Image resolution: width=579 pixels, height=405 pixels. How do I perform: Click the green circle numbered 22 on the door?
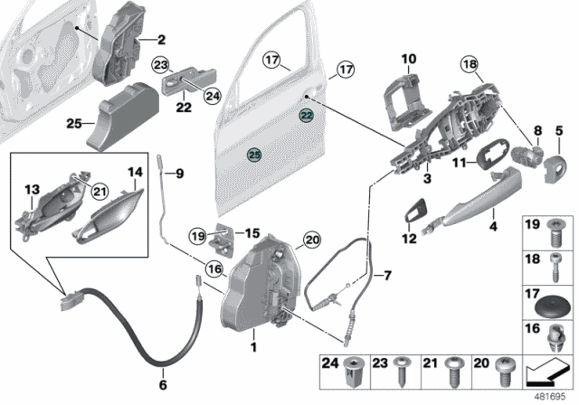[307, 116]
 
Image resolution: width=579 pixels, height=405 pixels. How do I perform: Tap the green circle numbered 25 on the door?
[254, 155]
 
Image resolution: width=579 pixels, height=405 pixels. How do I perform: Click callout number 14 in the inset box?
[135, 172]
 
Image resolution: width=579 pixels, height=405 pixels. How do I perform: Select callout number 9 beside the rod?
[178, 173]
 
